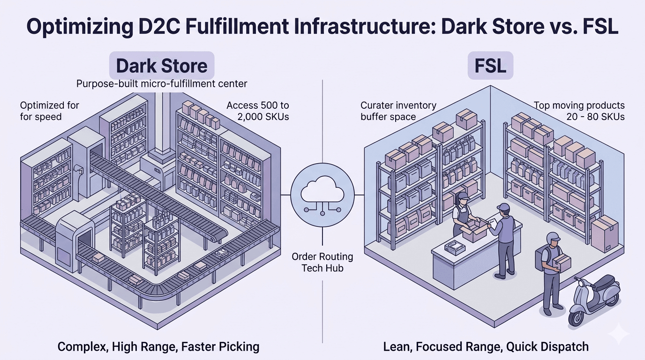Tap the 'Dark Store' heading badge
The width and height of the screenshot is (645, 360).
[162, 66]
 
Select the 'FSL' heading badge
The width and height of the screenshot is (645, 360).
[491, 66]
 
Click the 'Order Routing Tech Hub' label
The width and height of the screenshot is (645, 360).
[322, 262]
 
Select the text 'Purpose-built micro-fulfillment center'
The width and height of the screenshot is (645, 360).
[162, 84]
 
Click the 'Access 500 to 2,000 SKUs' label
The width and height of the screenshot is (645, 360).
[257, 111]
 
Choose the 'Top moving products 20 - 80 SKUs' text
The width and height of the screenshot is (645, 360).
[579, 111]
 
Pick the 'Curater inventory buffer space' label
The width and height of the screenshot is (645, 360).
[398, 111]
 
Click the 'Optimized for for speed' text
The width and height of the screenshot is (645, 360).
[50, 111]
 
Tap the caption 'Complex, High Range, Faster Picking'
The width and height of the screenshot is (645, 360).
[158, 347]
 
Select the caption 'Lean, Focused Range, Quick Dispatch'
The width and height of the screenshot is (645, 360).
[486, 347]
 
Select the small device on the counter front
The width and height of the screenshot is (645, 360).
[453, 245]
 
